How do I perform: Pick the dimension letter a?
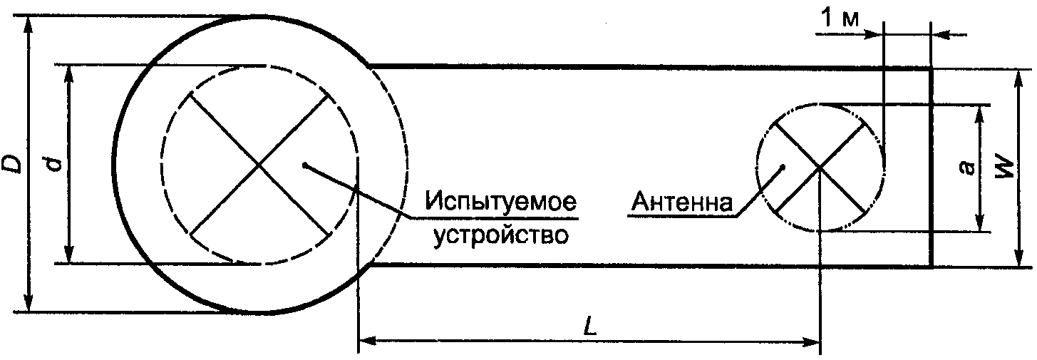coord(966,168)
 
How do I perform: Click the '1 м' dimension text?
coord(840,19)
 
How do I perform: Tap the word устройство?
coord(502,235)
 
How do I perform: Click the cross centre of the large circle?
coord(259,165)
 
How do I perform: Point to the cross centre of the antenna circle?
coord(820,167)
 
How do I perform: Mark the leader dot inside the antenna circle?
coord(783,168)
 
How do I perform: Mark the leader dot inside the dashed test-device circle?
coord(304,165)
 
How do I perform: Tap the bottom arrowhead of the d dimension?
coord(69,257)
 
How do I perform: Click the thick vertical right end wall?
coord(932,167)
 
